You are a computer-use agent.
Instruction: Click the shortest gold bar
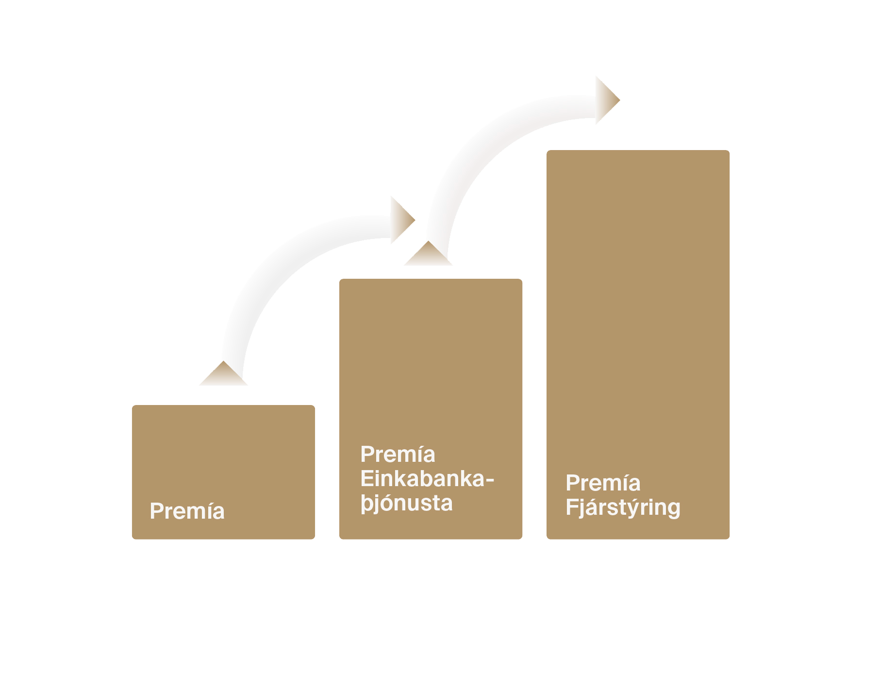223,456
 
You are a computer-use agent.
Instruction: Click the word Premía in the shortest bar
187,511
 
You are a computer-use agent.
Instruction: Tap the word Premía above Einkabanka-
398,455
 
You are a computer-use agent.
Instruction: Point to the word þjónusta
407,504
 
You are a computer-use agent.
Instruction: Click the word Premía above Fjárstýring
603,483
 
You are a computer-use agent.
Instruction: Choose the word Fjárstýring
623,508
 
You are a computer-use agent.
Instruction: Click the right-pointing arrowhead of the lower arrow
401,220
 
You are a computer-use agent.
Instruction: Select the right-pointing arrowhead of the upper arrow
606,100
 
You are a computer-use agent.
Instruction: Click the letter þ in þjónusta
366,504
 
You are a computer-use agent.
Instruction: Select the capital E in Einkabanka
367,479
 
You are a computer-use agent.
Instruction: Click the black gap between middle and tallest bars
534,389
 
